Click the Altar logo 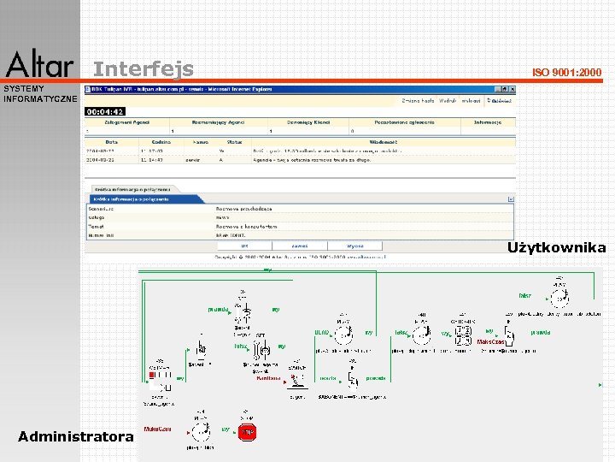pyautogui.click(x=39, y=64)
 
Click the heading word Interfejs pyautogui.click(x=143, y=68)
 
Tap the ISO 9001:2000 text pyautogui.click(x=566, y=72)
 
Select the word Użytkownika pyautogui.click(x=556, y=248)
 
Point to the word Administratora pyautogui.click(x=76, y=437)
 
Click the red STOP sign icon pyautogui.click(x=247, y=433)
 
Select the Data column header pyautogui.click(x=111, y=142)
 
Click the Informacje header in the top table pyautogui.click(x=490, y=122)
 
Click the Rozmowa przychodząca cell pyautogui.click(x=244, y=208)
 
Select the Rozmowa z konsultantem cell pyautogui.click(x=247, y=226)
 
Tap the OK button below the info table pyautogui.click(x=244, y=246)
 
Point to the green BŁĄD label pyautogui.click(x=321, y=332)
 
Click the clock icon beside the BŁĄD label pyautogui.click(x=343, y=332)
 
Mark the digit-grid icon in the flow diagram pyautogui.click(x=464, y=335)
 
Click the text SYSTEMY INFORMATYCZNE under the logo pyautogui.click(x=39, y=93)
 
